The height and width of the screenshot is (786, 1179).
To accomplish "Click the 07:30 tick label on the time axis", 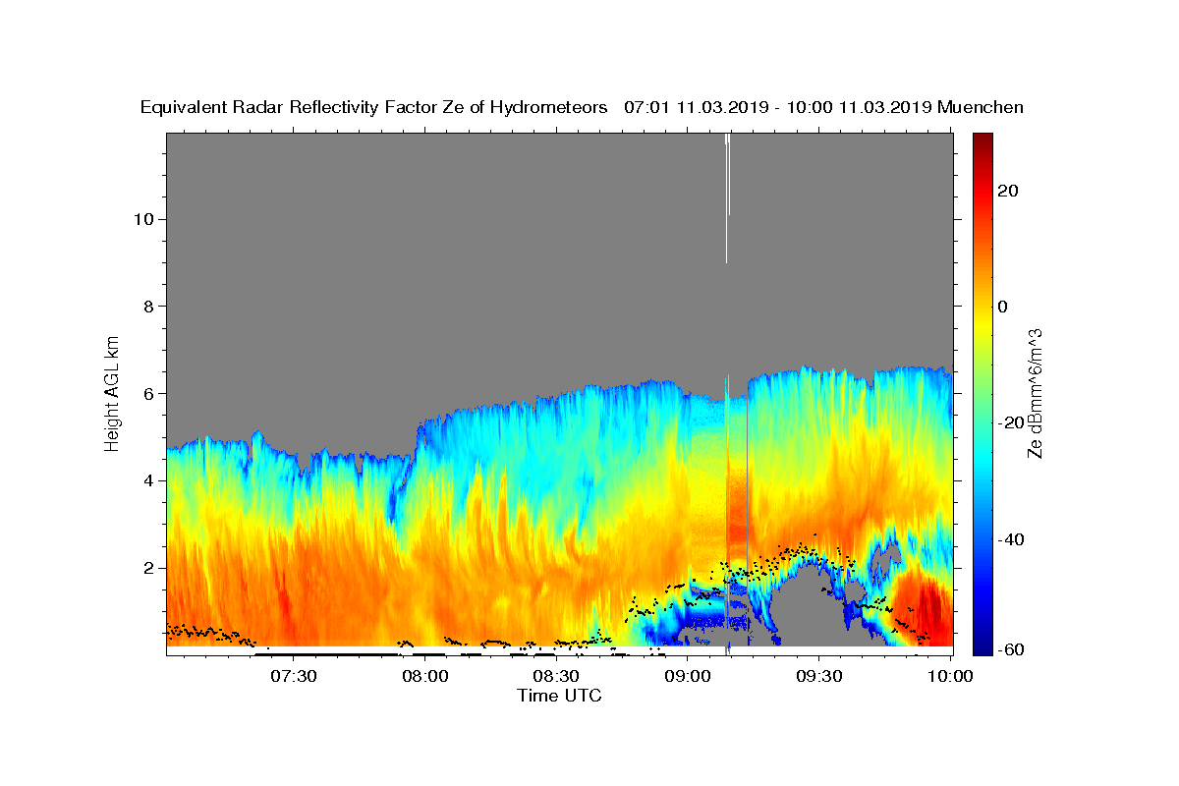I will (294, 676).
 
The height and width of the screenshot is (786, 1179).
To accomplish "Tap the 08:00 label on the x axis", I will (425, 676).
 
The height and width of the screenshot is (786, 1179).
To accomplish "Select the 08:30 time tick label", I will (556, 676).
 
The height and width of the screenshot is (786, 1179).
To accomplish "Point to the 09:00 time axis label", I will (688, 676).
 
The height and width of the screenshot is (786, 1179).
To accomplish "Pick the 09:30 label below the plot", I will (818, 676).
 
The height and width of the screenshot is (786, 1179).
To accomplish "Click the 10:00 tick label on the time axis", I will (950, 676).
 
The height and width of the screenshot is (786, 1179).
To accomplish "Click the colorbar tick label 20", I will (1008, 191).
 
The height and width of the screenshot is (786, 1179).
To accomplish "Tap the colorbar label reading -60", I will (1012, 649).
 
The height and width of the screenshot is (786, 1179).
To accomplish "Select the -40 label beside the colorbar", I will (1012, 539).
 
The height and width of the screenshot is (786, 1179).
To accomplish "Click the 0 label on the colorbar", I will (1003, 307).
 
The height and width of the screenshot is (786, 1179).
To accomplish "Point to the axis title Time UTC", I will (559, 696).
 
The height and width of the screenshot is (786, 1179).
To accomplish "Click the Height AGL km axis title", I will (113, 392).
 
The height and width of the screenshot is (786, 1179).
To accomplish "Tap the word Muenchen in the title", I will (981, 107).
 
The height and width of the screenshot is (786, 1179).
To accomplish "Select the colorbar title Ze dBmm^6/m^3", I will (1035, 393).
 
